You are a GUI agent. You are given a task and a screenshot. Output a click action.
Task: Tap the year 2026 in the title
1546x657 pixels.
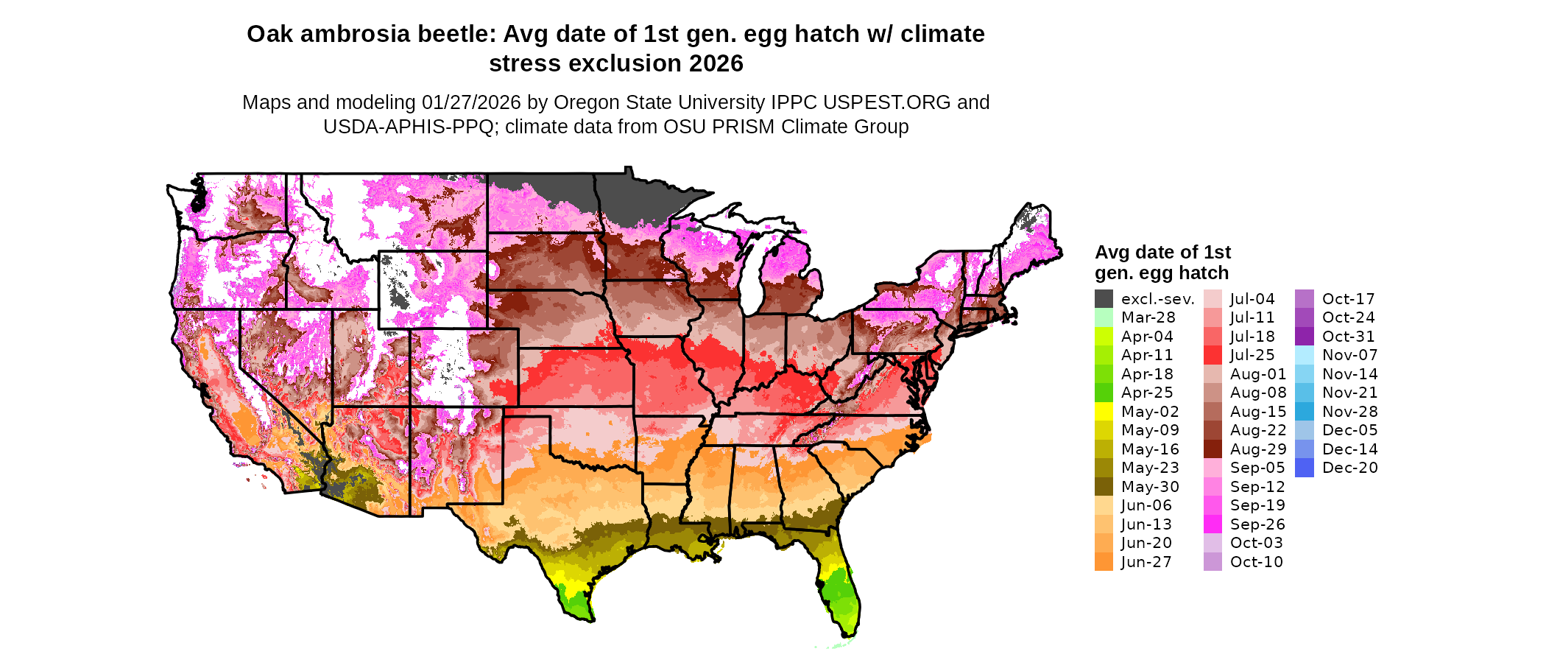pos(716,64)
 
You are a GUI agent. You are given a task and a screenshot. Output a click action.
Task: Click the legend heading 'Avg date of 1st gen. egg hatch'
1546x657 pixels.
pos(1162,262)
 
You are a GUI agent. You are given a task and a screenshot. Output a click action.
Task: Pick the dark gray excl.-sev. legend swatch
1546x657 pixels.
pos(1104,299)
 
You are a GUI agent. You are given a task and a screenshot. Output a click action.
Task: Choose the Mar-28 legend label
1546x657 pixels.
pos(1148,317)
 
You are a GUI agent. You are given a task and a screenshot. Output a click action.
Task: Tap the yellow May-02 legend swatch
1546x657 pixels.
pos(1104,412)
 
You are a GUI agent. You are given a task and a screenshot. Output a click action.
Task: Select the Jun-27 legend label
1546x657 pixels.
pos(1146,562)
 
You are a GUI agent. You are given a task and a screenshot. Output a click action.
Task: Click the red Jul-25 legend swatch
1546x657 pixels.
pos(1213,355)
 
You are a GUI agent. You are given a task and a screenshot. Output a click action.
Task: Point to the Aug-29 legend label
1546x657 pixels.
pos(1258,449)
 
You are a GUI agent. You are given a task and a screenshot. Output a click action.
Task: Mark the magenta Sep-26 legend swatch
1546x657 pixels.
pos(1213,524)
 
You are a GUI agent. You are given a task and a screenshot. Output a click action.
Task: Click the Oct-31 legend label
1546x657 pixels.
pos(1348,337)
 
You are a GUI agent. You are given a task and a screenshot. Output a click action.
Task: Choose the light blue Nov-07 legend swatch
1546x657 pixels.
pos(1304,355)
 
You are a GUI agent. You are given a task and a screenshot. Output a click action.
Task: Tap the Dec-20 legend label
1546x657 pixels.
pos(1349,468)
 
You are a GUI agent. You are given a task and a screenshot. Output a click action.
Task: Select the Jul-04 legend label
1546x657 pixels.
pos(1252,299)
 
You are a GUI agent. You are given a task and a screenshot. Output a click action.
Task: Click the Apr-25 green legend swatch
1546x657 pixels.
pos(1104,393)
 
